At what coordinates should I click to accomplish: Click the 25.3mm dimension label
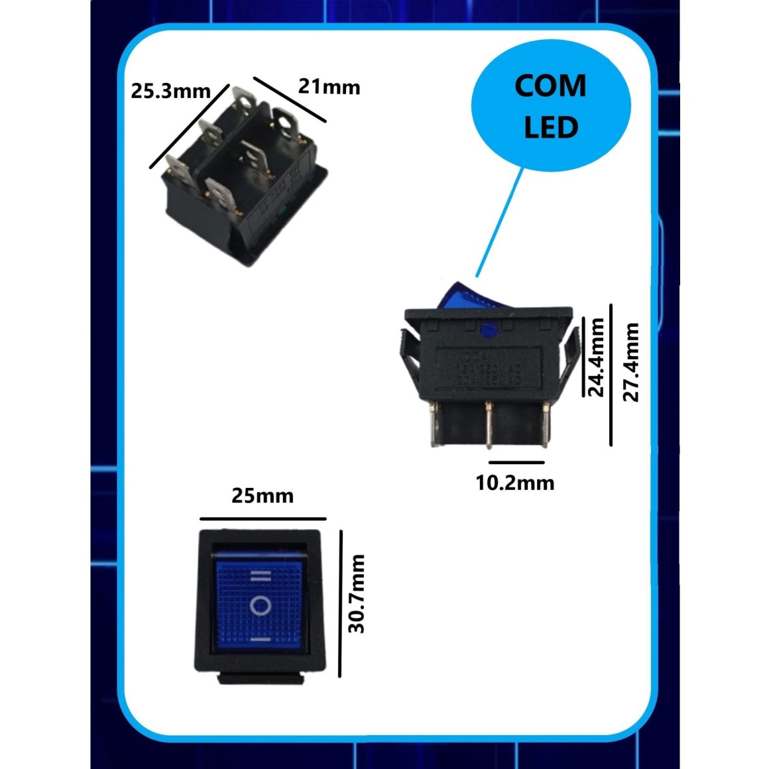[170, 91]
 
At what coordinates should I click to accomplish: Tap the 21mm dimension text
[329, 87]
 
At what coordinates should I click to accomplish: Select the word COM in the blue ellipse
[550, 86]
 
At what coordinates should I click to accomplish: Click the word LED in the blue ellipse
[551, 127]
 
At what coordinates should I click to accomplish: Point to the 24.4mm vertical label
[597, 357]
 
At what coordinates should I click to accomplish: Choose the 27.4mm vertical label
[632, 362]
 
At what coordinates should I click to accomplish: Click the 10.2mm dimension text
[515, 482]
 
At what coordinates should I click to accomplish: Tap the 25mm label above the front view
[263, 496]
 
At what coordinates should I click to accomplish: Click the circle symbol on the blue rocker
[261, 605]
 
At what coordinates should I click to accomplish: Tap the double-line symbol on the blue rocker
[261, 576]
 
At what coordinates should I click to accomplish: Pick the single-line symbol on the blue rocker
[261, 640]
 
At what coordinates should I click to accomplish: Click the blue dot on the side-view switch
[490, 327]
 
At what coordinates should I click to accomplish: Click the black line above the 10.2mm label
[516, 463]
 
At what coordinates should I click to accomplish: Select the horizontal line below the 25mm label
[263, 518]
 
